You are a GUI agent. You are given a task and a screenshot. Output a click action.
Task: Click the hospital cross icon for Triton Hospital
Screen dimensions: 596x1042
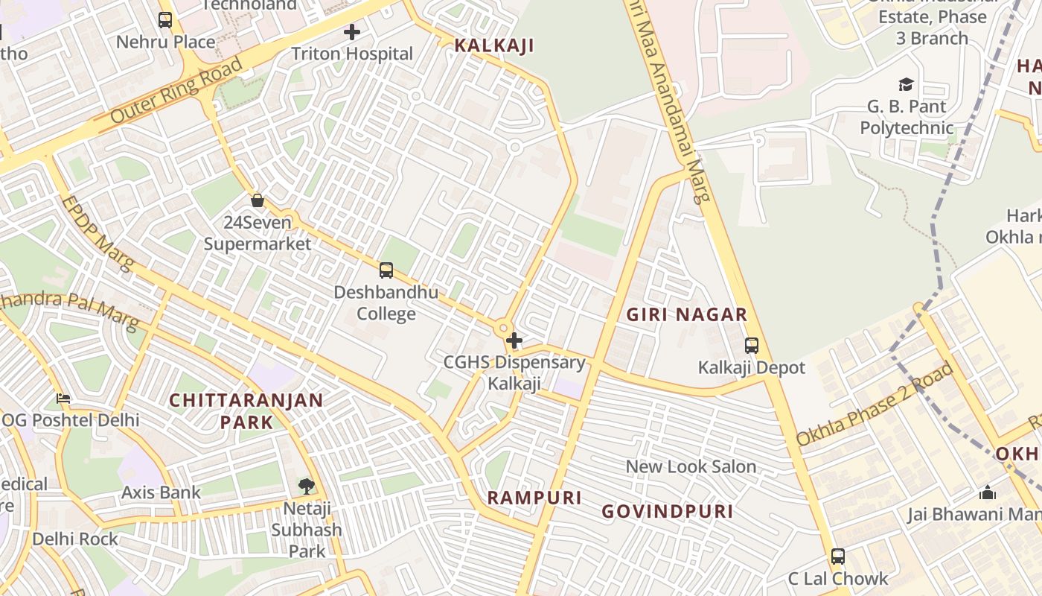tap(352, 32)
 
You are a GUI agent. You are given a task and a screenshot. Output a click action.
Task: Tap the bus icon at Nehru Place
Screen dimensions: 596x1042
tap(165, 20)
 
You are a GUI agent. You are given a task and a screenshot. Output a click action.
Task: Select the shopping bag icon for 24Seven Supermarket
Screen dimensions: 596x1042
tap(258, 200)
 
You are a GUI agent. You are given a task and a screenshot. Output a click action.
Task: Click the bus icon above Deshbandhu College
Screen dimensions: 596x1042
tap(386, 270)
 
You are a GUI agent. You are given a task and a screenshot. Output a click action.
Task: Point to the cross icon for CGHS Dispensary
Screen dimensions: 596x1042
tap(514, 341)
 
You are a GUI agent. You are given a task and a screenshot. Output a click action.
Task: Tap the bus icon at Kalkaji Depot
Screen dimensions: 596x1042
tap(752, 346)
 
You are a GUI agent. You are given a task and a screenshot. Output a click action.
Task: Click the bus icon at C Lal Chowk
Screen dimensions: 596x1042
tap(838, 557)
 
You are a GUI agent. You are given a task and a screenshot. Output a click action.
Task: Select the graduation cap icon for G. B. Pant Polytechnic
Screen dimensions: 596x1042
tap(906, 85)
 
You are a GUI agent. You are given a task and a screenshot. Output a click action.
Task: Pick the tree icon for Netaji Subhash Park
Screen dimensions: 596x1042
tap(306, 486)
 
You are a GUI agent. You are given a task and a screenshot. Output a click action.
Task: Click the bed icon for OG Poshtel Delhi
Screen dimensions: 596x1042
tap(64, 399)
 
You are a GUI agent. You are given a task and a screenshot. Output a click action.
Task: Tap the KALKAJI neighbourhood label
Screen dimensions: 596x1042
tap(494, 45)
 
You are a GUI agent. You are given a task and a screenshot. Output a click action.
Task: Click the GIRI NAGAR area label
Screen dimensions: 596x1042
tap(686, 314)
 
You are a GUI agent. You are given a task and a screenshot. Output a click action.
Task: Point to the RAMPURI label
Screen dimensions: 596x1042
tap(534, 498)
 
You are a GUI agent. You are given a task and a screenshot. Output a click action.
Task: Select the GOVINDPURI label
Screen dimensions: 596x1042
tap(668, 511)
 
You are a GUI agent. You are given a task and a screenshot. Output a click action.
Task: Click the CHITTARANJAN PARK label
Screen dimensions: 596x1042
tap(246, 411)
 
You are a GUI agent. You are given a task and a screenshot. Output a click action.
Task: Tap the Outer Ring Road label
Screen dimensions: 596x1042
tap(177, 92)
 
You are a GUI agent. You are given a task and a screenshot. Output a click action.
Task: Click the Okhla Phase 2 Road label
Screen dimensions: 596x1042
tap(875, 405)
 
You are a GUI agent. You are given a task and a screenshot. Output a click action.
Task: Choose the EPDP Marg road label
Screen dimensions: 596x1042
tap(98, 233)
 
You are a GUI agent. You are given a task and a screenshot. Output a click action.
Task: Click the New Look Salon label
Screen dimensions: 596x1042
tap(691, 467)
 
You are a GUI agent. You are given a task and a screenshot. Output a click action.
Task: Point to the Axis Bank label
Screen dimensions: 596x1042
tap(161, 492)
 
